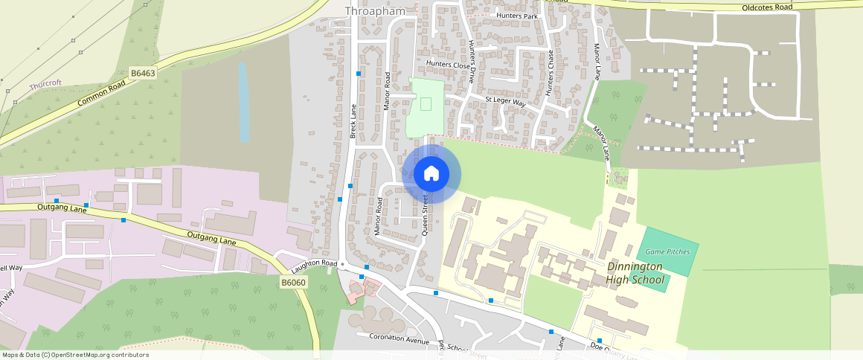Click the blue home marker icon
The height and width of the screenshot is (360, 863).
pyautogui.click(x=431, y=174)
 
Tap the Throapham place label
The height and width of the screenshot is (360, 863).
pyautogui.click(x=375, y=10)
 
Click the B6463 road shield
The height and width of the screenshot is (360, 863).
pyautogui.click(x=143, y=73)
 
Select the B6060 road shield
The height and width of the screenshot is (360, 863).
pyautogui.click(x=294, y=283)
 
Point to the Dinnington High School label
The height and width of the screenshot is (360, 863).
pyautogui.click(x=635, y=273)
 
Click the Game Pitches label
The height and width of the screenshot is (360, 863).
pyautogui.click(x=667, y=251)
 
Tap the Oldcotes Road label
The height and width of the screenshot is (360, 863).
pyautogui.click(x=767, y=7)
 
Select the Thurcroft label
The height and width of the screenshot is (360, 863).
pyautogui.click(x=45, y=86)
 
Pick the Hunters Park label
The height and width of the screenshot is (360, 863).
pyautogui.click(x=516, y=16)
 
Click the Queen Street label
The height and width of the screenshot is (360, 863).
pyautogui.click(x=426, y=215)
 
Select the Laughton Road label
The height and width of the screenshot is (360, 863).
pyautogui.click(x=315, y=264)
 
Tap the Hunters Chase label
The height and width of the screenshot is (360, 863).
pyautogui.click(x=551, y=73)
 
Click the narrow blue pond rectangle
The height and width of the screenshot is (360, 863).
pyautogui.click(x=243, y=102)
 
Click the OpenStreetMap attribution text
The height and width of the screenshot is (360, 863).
pyautogui.click(x=74, y=355)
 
